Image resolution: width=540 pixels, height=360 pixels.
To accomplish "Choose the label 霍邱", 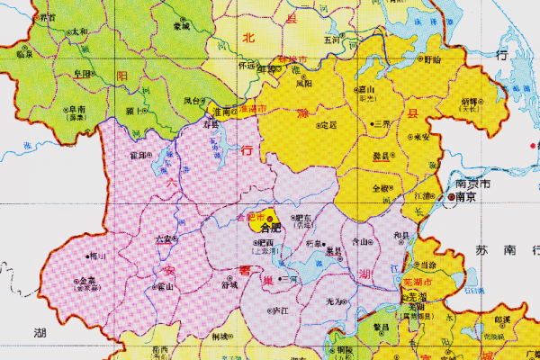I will tap(139, 155).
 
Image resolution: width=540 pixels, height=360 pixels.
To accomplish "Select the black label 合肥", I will tap(271, 228).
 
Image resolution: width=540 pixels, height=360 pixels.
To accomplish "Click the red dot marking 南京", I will tap(448, 195).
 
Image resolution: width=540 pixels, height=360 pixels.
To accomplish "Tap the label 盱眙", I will tap(433, 59).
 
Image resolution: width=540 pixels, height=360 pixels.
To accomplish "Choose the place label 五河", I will tap(331, 40).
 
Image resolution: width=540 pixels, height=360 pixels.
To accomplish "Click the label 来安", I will tap(420, 137).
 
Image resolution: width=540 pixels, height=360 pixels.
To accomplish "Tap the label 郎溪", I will tap(503, 319).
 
